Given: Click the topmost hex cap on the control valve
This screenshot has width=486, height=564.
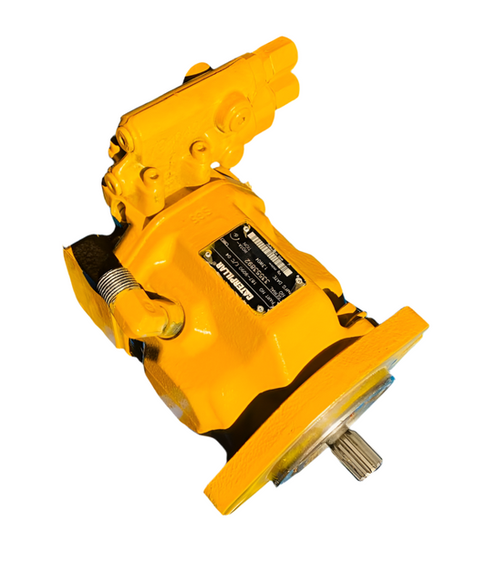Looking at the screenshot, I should click(x=277, y=53).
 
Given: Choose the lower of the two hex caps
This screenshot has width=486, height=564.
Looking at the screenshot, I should click(x=286, y=88).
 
